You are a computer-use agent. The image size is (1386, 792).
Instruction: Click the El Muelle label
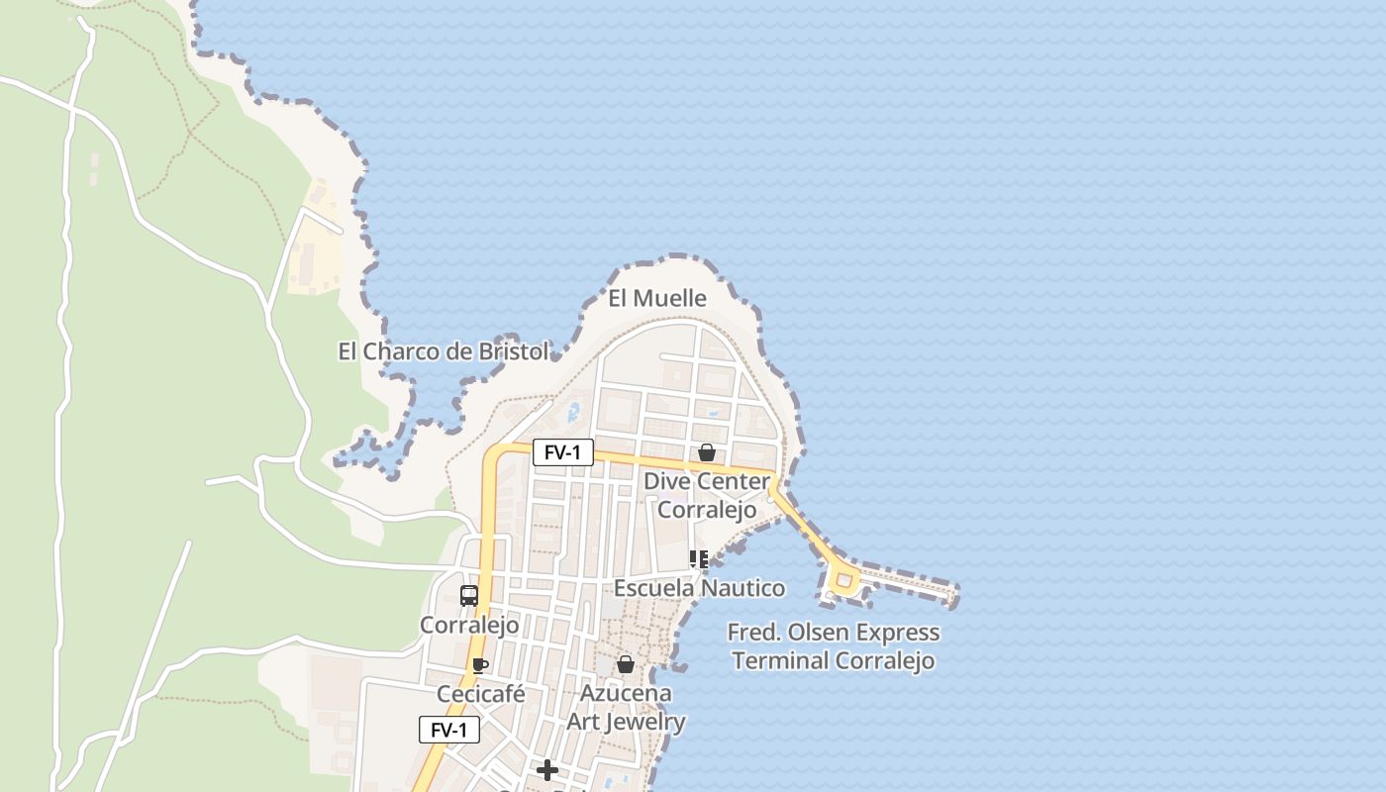point(657,298)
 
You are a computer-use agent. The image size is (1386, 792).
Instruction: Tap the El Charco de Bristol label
point(443,351)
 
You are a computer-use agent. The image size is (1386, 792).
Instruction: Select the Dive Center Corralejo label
point(707,495)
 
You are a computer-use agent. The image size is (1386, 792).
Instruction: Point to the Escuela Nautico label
point(699,588)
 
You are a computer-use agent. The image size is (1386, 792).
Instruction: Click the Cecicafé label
point(480,694)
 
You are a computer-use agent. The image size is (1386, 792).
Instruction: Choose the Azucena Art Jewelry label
point(626,707)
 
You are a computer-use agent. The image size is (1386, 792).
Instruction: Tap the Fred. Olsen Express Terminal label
point(834,645)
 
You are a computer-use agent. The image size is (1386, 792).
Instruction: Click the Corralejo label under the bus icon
point(469,625)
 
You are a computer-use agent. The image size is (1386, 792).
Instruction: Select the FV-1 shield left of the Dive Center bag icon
point(562,452)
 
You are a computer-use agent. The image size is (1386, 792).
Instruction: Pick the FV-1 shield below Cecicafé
point(448,730)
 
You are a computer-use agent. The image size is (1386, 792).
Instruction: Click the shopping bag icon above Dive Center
point(707,452)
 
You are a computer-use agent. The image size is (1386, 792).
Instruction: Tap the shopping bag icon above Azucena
point(626,664)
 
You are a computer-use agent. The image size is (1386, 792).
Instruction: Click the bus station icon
point(469,596)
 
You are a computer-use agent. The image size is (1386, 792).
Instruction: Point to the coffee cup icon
point(480,665)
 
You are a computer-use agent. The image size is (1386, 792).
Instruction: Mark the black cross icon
point(547,770)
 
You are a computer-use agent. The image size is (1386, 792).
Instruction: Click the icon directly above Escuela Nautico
point(699,560)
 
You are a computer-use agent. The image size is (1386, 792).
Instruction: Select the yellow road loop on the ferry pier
point(843,581)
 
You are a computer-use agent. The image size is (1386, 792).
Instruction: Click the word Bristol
point(513,351)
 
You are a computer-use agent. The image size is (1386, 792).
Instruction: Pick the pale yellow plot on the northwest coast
point(316,243)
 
